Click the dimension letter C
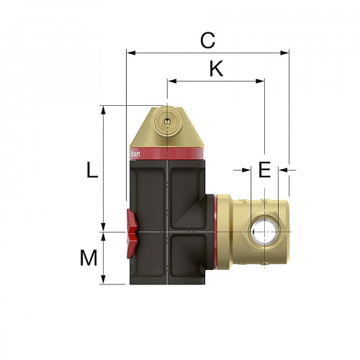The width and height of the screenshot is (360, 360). coord(207,41)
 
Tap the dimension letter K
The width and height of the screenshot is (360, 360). coord(215,69)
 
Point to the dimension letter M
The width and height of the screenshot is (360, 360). coord(89,258)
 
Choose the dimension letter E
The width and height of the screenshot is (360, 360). coord(264,170)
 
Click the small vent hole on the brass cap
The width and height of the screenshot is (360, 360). coord(167,122)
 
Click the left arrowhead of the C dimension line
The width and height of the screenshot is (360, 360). coord(130,53)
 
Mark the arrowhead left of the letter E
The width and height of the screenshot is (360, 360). coord(246,171)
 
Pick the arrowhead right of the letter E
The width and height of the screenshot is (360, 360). coord(282,171)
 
